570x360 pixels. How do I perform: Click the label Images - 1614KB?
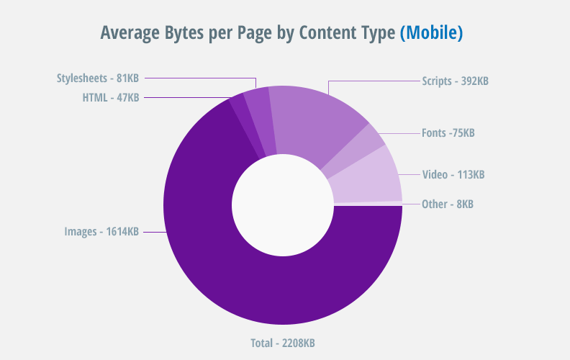[x=101, y=232]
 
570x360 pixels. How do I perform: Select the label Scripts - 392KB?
[x=455, y=81]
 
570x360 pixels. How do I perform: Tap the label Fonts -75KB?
[x=448, y=133]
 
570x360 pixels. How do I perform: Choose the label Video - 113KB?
[x=453, y=174]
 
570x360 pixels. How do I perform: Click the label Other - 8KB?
[x=447, y=204]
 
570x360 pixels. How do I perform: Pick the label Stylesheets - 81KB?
[x=97, y=78]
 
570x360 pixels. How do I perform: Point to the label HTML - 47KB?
[x=110, y=97]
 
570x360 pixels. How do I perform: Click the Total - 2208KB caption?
[x=281, y=343]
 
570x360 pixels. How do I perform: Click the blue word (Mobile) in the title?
[x=431, y=33]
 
